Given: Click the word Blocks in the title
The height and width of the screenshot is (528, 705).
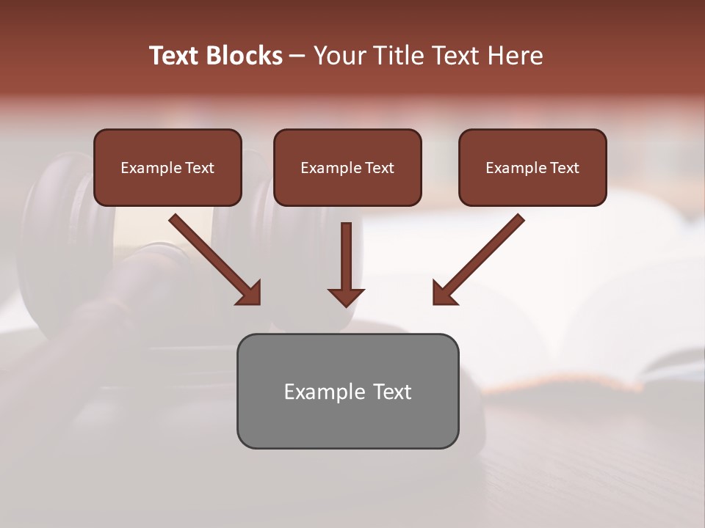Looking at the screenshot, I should [x=244, y=56].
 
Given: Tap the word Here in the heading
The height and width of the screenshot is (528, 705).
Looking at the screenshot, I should [x=513, y=56].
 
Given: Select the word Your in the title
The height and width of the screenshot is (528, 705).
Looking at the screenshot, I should [x=339, y=56].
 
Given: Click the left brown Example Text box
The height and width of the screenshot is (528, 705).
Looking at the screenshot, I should [x=167, y=167].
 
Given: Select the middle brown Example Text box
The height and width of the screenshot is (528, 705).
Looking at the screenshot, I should [x=347, y=167].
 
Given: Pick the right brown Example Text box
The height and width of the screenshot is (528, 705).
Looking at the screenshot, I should [x=532, y=167].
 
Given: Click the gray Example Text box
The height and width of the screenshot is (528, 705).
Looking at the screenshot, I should [x=347, y=391].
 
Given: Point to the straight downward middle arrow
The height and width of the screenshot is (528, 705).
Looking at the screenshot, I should [x=346, y=257].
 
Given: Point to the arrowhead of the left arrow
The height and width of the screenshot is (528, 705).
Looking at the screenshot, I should [x=250, y=293].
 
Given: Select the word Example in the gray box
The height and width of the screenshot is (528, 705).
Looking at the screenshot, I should [x=324, y=392].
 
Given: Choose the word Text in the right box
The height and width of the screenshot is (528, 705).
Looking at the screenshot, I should [x=565, y=168].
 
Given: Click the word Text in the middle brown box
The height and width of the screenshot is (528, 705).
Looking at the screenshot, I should [x=380, y=168].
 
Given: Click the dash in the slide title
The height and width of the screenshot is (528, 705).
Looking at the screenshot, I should [x=297, y=56].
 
